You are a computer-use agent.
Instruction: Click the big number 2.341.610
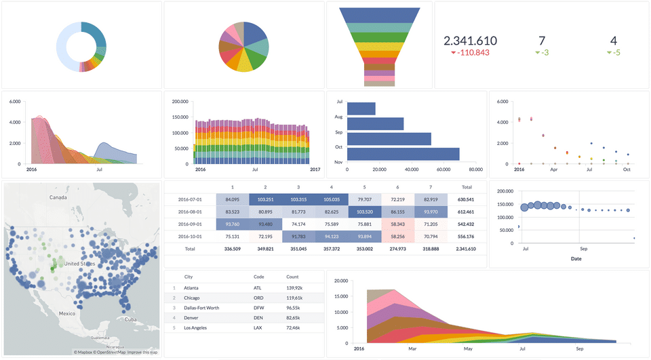[x=470, y=41]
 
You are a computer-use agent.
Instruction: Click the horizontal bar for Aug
[x=375, y=124]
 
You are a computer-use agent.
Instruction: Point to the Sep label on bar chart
[x=338, y=132]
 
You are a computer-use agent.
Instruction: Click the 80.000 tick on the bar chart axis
[x=475, y=169]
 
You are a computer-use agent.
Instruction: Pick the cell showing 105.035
[x=331, y=199]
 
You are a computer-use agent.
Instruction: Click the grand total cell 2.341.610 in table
[x=467, y=249]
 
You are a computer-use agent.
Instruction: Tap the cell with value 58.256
[x=397, y=237]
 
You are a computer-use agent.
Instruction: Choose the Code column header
[x=258, y=277]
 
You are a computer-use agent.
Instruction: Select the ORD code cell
[x=258, y=298]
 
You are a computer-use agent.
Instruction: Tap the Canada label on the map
[x=58, y=197]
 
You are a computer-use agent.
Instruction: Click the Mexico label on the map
[x=66, y=313]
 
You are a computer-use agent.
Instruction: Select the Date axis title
[x=576, y=258]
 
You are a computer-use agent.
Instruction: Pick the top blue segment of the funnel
[x=379, y=15]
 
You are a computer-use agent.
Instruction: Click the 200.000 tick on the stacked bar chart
[x=180, y=102]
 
